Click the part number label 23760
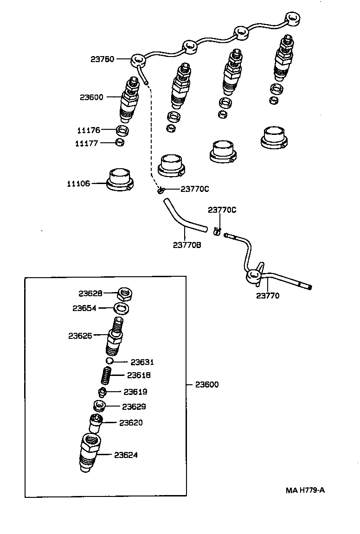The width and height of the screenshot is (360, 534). (x=103, y=59)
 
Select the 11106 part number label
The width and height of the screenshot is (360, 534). (x=80, y=184)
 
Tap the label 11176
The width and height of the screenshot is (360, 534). (x=88, y=130)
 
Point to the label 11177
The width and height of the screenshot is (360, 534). (x=87, y=143)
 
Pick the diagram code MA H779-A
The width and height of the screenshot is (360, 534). (x=305, y=489)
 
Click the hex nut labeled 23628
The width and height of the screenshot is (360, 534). (x=124, y=293)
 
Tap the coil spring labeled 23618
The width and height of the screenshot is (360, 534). (x=107, y=375)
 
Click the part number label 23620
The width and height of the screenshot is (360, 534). (x=131, y=423)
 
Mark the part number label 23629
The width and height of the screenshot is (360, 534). (x=134, y=407)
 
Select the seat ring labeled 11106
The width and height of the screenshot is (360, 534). (x=120, y=180)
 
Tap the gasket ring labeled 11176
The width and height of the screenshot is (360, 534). (x=122, y=130)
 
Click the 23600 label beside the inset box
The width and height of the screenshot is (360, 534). (x=206, y=384)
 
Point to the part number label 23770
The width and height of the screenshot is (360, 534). (x=268, y=295)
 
